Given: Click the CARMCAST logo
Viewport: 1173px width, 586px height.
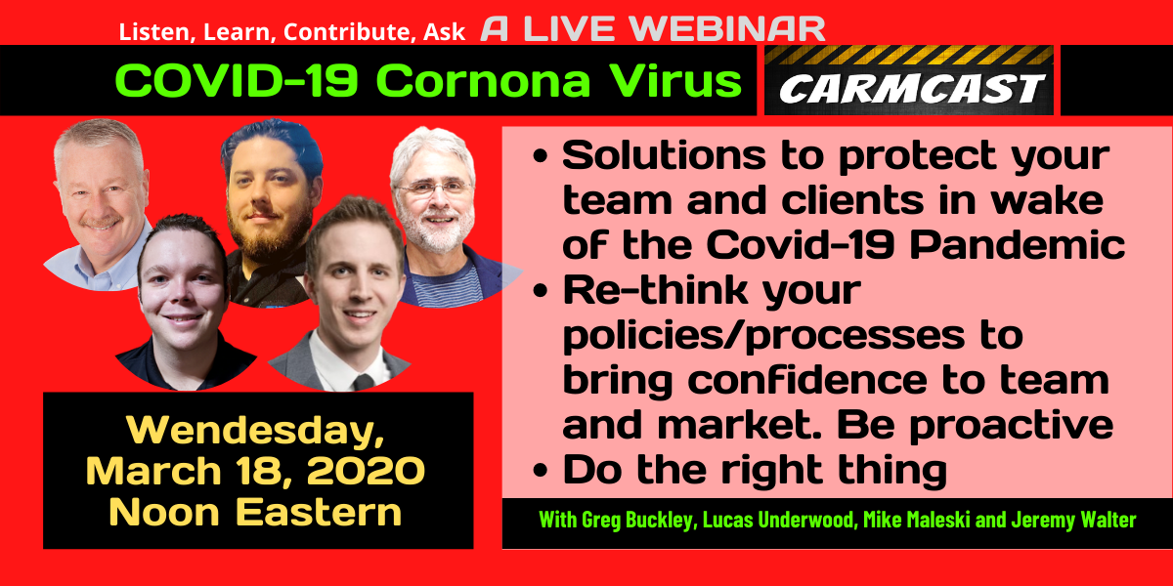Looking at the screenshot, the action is pyautogui.click(x=909, y=80).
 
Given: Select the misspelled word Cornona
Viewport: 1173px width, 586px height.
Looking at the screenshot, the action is pyautogui.click(x=483, y=81).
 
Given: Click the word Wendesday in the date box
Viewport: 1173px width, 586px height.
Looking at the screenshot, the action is pyautogui.click(x=255, y=430).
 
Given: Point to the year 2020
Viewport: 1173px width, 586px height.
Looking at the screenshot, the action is pyautogui.click(x=366, y=471).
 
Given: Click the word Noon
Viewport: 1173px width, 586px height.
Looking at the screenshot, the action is pyautogui.click(x=164, y=512).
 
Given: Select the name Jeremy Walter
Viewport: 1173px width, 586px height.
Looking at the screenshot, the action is pyautogui.click(x=1073, y=520).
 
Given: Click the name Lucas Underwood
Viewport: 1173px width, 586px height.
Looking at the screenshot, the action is pyautogui.click(x=778, y=520).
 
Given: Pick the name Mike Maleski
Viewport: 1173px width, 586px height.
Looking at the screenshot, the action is pyautogui.click(x=917, y=520).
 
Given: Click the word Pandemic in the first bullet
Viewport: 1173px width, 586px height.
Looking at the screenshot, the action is pyautogui.click(x=1018, y=244).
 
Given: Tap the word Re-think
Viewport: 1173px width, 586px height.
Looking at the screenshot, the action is pyautogui.click(x=656, y=289).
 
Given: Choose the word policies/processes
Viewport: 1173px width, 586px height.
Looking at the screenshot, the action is pyautogui.click(x=764, y=336).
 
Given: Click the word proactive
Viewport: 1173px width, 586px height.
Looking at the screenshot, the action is pyautogui.click(x=1011, y=426).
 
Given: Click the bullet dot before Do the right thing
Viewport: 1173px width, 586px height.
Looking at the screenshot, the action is pyautogui.click(x=540, y=470).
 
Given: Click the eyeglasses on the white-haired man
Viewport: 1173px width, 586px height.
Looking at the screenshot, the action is pyautogui.click(x=434, y=188).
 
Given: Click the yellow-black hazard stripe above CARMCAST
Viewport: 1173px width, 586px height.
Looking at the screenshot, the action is pyautogui.click(x=909, y=55).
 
